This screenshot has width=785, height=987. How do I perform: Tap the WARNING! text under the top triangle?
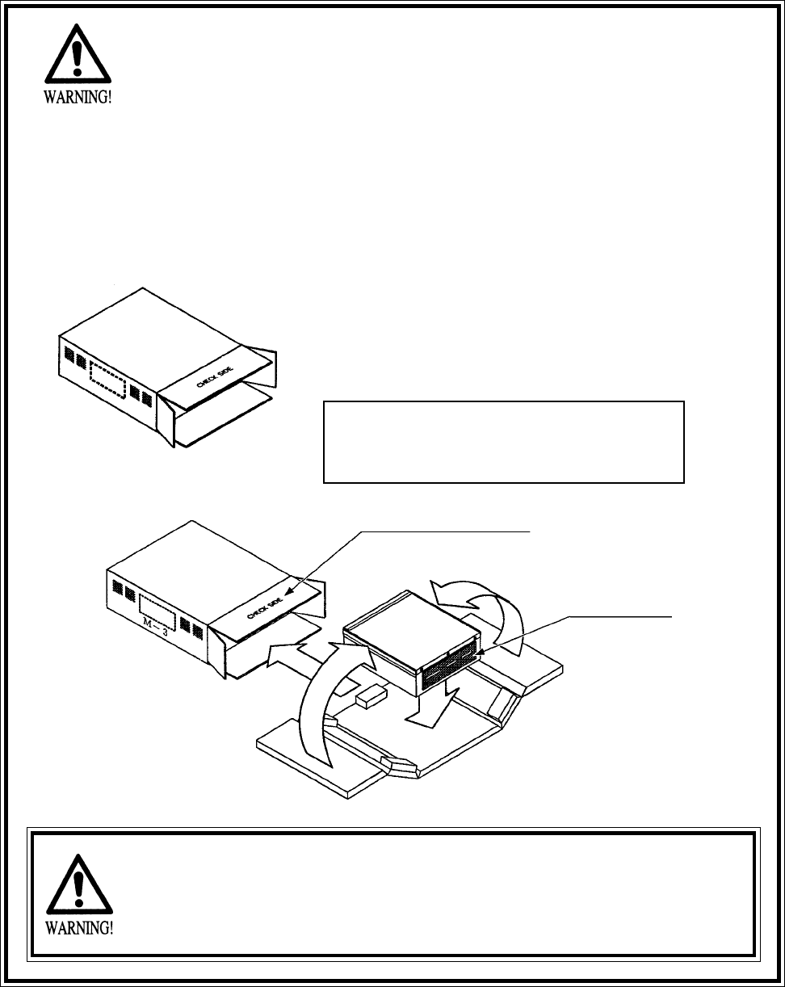[x=78, y=104]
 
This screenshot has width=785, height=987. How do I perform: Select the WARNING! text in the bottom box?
[x=78, y=927]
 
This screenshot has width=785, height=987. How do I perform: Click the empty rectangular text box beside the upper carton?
[x=503, y=441]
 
